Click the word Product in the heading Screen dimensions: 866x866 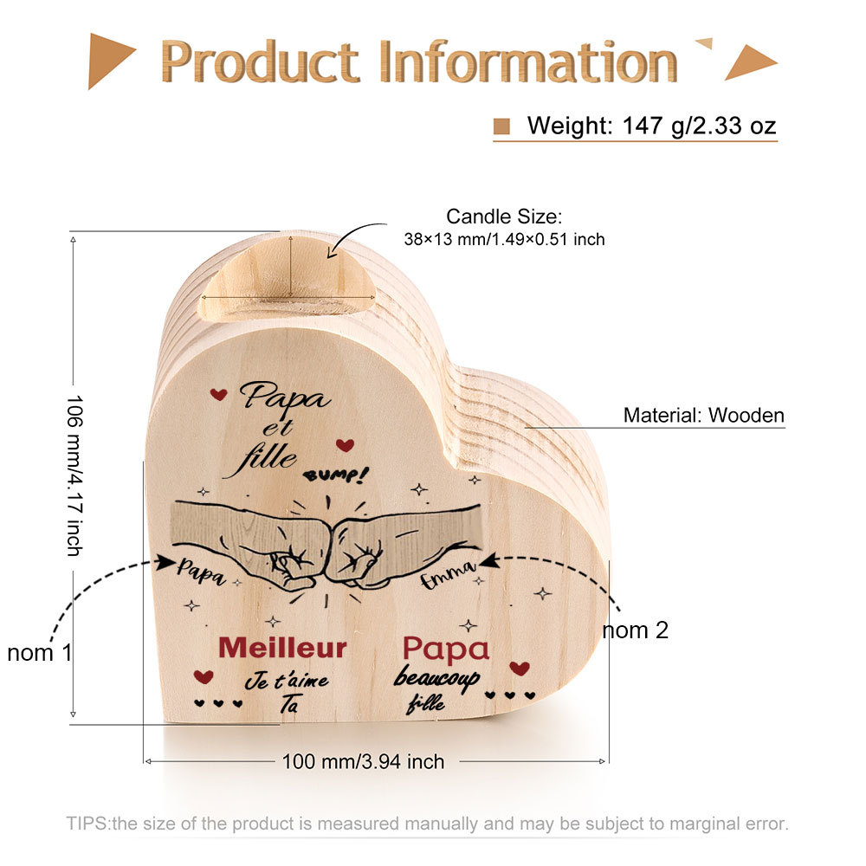tap(260, 61)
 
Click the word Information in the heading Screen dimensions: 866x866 tap(528, 61)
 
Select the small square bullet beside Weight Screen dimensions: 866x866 tap(501, 126)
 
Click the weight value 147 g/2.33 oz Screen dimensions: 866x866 tap(699, 126)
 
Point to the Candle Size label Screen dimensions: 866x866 tap(504, 216)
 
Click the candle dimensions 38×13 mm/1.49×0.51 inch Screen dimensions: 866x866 tap(504, 239)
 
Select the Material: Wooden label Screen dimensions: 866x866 tap(703, 415)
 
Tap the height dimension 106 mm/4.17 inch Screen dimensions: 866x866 tap(74, 475)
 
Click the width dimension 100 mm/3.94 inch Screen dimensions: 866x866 tap(363, 761)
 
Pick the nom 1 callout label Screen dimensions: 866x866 tap(40, 653)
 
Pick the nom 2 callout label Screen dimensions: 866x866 tap(635, 630)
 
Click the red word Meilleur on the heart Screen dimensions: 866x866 tap(282, 648)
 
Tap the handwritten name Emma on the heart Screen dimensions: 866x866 tap(448, 574)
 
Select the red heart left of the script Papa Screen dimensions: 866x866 tap(219, 394)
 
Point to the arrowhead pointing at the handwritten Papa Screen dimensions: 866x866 tap(165, 563)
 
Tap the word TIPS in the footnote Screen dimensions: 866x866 tap(87, 824)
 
